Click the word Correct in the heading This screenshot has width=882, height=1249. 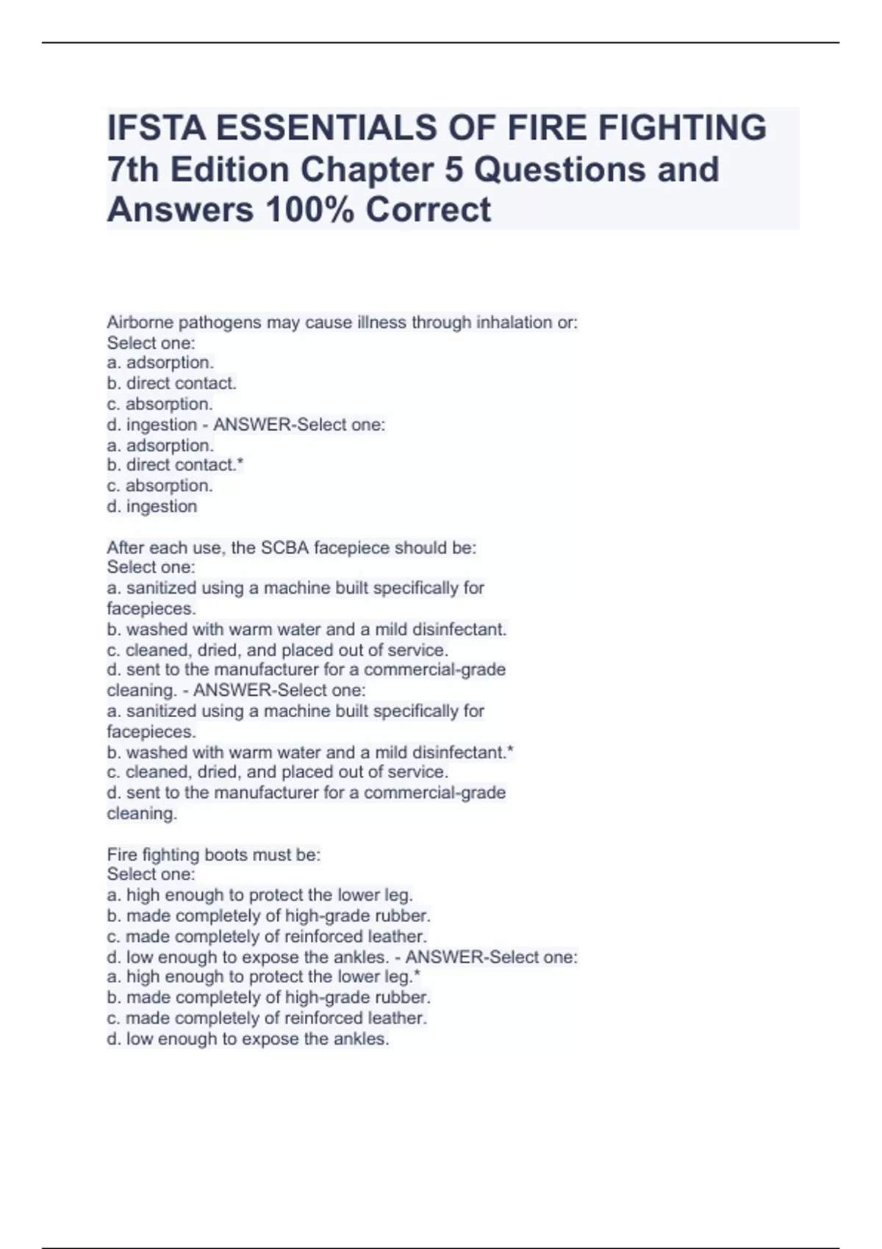coord(428,209)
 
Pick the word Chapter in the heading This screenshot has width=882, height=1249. coord(381,170)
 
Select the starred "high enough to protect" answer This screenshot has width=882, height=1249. coord(263,977)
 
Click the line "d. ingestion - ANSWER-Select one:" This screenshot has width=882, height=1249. coord(245,425)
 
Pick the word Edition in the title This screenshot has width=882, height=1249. coord(231,170)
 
